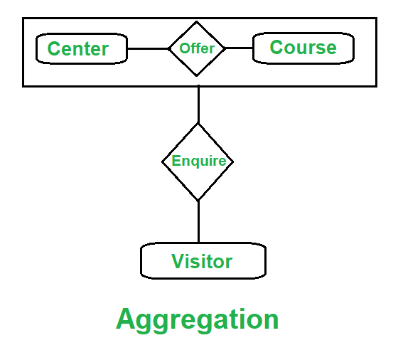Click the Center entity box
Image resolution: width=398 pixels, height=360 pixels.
82,48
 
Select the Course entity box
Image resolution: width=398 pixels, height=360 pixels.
303,48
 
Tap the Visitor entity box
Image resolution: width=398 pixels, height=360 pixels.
203,260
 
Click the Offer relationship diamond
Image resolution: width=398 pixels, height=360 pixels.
197,48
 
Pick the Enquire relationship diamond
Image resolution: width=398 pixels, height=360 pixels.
198,162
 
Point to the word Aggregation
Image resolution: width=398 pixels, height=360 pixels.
198,319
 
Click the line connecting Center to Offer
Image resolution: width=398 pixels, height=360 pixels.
148,48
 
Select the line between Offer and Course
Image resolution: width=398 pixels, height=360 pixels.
239,48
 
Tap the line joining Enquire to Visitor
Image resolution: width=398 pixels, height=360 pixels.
198,221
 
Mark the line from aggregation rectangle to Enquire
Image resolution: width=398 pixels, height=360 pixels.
198,105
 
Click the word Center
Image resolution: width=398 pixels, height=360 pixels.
78,48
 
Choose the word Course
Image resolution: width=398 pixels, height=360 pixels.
303,47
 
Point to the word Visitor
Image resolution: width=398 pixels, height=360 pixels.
202,261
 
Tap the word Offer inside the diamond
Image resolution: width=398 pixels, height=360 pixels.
197,48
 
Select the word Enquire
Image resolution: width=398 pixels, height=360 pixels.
199,161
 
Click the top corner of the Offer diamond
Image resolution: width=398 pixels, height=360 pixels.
197,21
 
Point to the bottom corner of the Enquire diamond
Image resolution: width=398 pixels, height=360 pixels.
198,201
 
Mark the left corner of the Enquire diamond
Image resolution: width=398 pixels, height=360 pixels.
162,162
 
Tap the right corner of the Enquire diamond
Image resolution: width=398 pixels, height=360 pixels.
233,162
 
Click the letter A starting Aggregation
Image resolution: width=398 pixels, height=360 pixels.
126,318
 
